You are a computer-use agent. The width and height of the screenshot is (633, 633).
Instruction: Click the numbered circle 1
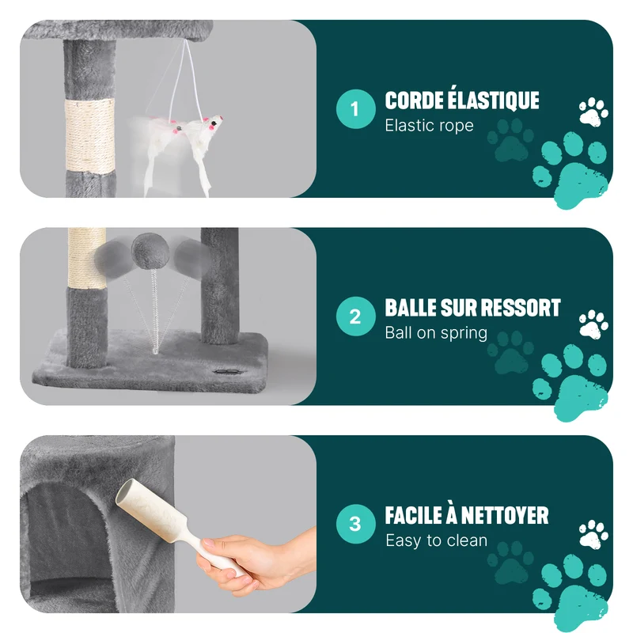click(355, 109)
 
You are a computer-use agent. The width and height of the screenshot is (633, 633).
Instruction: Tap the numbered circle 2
click(355, 316)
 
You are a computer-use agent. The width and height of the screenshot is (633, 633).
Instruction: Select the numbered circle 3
click(355, 524)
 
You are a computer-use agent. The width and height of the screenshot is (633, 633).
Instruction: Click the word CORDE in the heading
click(413, 100)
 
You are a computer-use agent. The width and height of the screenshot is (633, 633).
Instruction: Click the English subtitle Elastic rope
click(429, 126)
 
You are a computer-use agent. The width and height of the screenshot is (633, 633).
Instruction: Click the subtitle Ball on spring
click(436, 333)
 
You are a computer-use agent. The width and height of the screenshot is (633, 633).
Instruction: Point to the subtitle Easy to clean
click(437, 540)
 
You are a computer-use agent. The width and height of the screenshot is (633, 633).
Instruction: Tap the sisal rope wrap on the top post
click(89, 136)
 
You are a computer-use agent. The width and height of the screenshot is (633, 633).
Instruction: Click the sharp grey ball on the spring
click(150, 251)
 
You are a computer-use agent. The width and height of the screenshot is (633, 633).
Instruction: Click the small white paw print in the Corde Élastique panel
click(593, 112)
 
